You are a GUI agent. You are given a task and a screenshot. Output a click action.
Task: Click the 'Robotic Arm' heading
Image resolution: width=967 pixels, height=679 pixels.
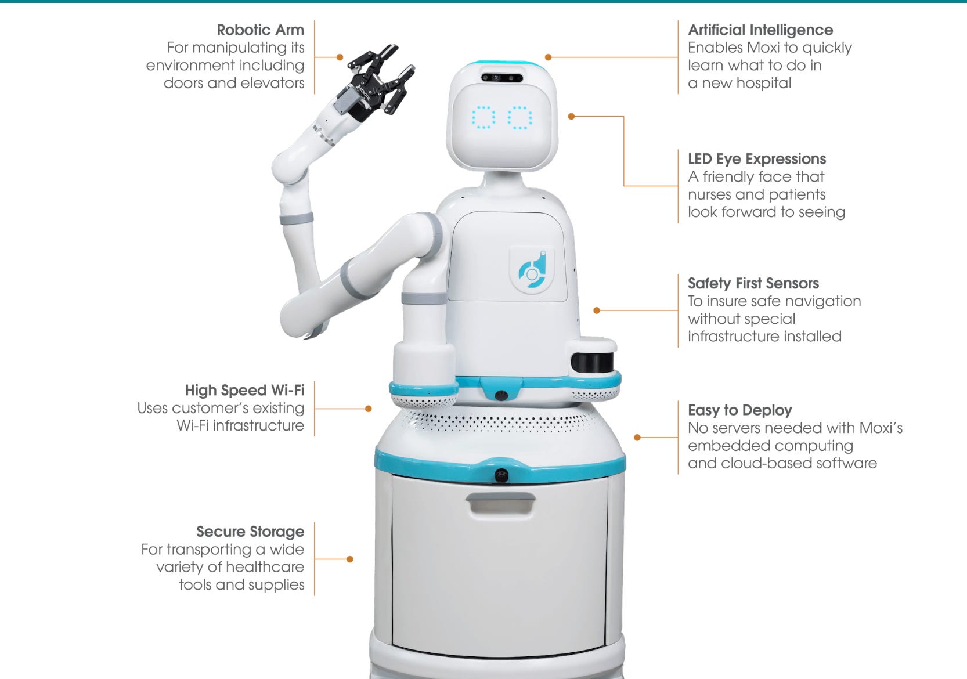(x=260, y=30)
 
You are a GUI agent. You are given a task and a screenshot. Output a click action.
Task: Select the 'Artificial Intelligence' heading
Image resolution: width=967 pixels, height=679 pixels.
(x=760, y=30)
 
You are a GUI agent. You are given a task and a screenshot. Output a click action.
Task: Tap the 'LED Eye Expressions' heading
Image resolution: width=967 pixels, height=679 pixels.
(x=757, y=159)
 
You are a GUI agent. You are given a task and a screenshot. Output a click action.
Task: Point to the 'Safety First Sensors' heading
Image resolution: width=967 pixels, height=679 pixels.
(x=753, y=283)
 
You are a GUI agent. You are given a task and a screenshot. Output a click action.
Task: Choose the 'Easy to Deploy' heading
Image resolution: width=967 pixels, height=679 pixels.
(x=740, y=410)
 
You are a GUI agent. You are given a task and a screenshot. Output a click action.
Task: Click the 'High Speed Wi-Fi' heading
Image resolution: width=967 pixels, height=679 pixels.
(x=244, y=390)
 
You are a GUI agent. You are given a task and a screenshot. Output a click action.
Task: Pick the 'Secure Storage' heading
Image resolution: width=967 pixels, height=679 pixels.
(x=250, y=532)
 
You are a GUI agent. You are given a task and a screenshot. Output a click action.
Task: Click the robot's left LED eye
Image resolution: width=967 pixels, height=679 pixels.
(x=483, y=117)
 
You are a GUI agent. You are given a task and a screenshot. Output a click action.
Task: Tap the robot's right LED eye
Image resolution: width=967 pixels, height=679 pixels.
(x=519, y=117)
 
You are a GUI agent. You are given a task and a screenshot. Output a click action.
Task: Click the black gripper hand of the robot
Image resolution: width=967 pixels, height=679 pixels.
(x=375, y=82)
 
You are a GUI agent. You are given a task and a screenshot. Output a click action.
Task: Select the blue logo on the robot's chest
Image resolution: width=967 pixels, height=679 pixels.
(x=532, y=270)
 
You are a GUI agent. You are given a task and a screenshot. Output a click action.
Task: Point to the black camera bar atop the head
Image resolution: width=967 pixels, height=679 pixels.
(x=502, y=78)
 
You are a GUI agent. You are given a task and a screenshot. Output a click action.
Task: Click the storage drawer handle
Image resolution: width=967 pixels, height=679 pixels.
(x=501, y=503)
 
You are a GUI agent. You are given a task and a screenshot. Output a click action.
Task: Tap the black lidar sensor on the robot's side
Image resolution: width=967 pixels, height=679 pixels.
(x=592, y=362)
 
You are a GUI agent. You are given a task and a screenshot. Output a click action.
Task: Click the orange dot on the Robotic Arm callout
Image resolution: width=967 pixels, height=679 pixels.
(x=340, y=57)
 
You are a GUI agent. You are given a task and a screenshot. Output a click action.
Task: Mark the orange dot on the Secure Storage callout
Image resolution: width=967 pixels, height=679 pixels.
(x=350, y=559)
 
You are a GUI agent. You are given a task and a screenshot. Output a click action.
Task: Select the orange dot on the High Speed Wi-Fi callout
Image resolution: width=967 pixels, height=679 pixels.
(x=368, y=409)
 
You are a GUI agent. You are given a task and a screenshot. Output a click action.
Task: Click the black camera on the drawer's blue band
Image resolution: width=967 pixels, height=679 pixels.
(x=501, y=475)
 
